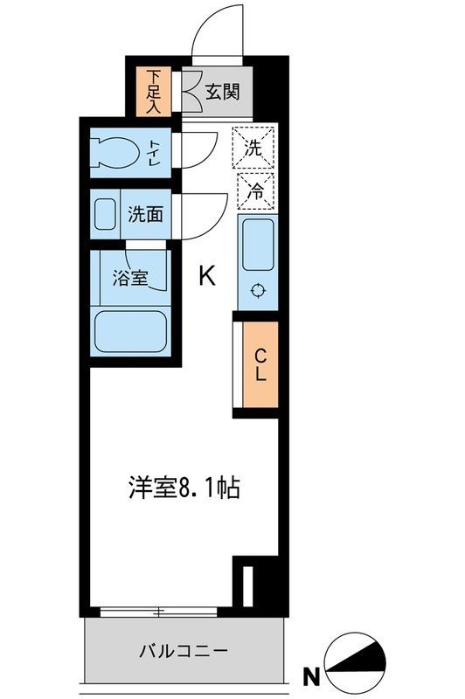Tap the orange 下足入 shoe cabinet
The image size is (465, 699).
pyautogui.click(x=155, y=90)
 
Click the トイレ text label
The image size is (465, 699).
pyautogui.click(x=154, y=153)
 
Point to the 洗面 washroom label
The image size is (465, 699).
pyautogui.click(x=145, y=214)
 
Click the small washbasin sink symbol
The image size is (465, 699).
pyautogui.click(x=105, y=214)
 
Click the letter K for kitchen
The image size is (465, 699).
pyautogui.click(x=207, y=277)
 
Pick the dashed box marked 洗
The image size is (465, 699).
pyautogui.click(x=253, y=148)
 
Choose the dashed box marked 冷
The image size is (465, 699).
pyautogui.click(x=253, y=190)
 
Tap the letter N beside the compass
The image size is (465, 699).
pyautogui.click(x=309, y=675)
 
